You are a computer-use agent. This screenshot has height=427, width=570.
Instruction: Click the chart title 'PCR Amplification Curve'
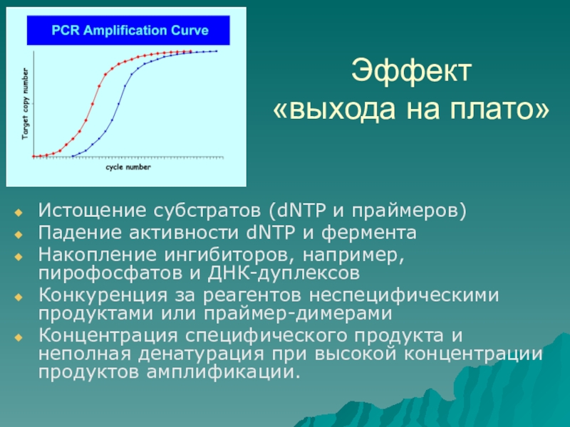pos(130,30)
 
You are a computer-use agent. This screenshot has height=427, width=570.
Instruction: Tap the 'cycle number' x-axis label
pos(128,167)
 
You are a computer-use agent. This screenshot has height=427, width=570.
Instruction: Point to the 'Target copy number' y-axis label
pos(25,103)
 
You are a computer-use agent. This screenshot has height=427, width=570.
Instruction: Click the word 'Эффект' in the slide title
pos(411,70)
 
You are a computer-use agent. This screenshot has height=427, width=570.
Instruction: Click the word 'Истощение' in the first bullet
pos(93,211)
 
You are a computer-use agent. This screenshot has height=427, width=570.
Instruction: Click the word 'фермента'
pos(368,233)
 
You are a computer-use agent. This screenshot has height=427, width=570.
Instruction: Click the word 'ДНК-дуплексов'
pos(284,273)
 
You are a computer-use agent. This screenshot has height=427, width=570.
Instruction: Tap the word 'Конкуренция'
pos(103,295)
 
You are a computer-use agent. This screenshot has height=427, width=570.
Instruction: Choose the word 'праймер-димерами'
pos(298,313)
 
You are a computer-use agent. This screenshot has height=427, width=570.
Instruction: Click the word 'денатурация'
pos(201,353)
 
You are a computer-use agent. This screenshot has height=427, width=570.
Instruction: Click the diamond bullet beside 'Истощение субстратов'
pos(19,212)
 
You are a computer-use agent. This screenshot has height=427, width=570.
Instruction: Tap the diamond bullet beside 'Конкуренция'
pos(19,297)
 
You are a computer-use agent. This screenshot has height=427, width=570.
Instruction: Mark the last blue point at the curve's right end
pos(217,51)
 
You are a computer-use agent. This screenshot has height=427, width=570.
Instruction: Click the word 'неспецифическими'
pos(404,295)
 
